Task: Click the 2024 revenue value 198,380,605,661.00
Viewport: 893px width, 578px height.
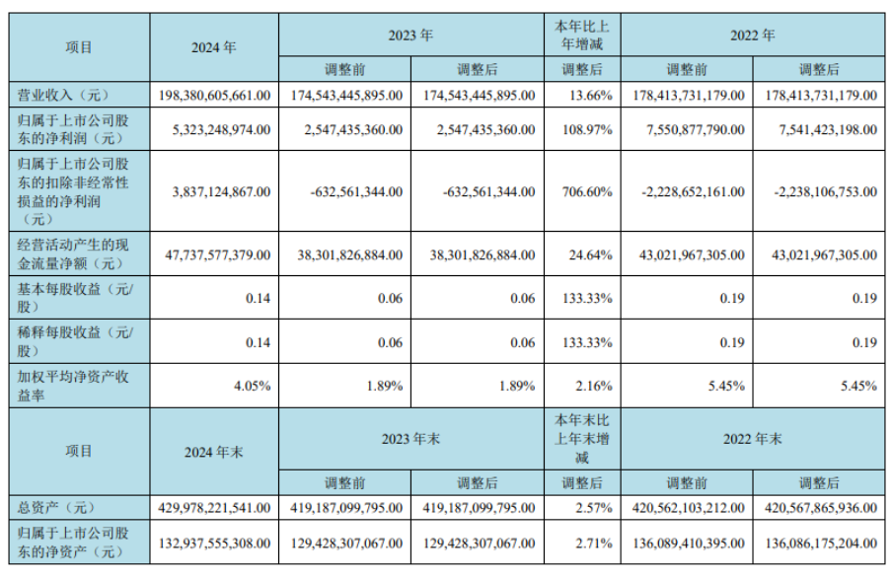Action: pos(214,95)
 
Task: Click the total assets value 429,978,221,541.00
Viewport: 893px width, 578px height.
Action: pos(214,508)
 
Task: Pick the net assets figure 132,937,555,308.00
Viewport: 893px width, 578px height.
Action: pos(214,542)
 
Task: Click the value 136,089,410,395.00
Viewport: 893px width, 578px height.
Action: pos(685,542)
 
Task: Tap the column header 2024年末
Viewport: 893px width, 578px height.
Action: pos(214,451)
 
